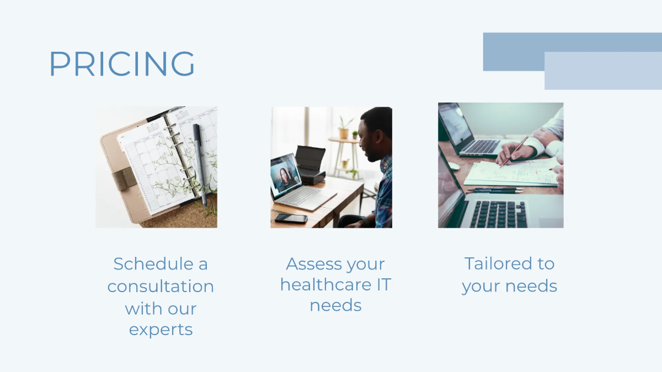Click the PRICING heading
[122, 64]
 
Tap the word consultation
[161, 287]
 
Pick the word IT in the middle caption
[382, 285]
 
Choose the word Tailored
[491, 263]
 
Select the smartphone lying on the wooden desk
[291, 219]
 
